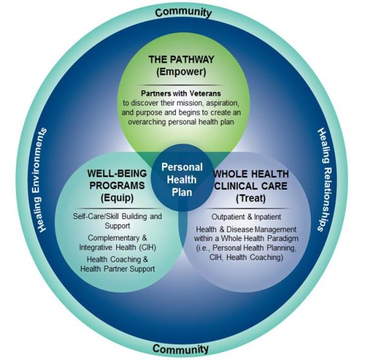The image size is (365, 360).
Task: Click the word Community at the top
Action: coord(182,12)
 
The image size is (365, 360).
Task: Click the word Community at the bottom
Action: coord(181,348)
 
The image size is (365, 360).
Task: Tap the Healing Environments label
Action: coord(44,180)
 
